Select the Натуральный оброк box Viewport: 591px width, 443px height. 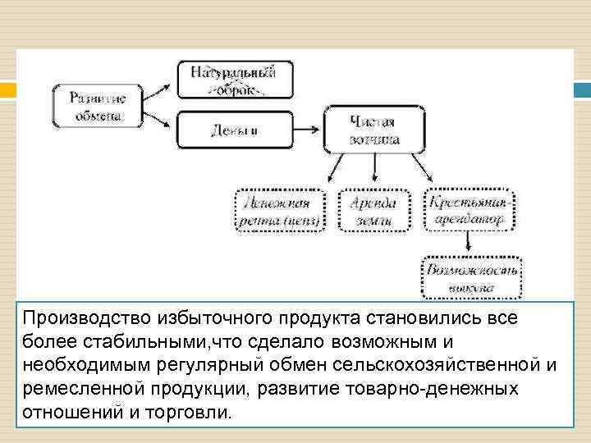click(234, 80)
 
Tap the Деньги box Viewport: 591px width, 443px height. click(234, 130)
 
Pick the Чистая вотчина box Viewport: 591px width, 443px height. click(374, 130)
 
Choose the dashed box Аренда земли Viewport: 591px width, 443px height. click(373, 211)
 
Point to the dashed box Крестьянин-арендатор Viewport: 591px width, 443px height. click(470, 211)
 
